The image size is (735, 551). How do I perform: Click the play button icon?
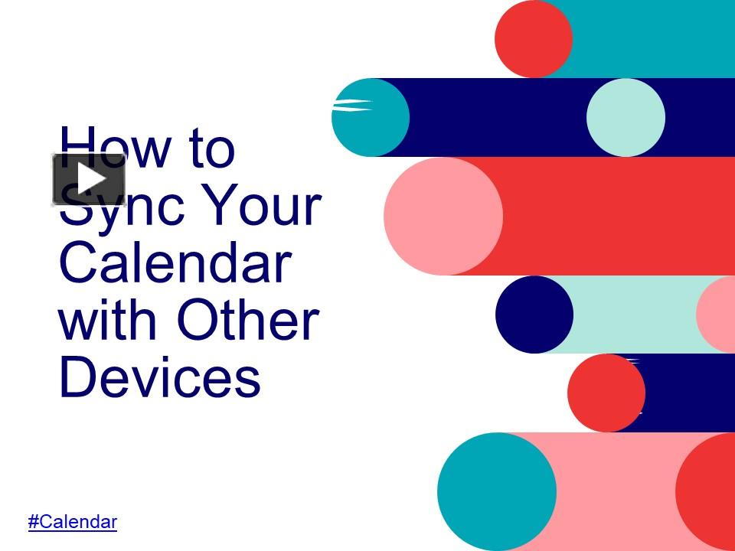point(89,179)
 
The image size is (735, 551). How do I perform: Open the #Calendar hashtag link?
point(73,521)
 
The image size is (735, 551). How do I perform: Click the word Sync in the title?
point(122,206)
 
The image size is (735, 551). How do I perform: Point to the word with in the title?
point(106,320)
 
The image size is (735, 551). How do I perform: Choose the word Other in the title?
point(249,320)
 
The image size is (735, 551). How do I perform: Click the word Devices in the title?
point(160,377)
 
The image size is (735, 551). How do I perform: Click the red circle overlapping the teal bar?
point(534,38)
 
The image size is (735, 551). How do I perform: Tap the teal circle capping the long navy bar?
point(371,117)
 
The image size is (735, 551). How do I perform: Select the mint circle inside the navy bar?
point(626,117)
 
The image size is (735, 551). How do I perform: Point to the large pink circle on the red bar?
point(443,216)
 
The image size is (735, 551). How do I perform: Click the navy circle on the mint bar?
point(534,315)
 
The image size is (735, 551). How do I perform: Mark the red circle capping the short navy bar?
point(606,393)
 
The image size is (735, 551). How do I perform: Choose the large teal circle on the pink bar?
point(497,491)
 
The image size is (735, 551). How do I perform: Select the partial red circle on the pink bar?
point(706,491)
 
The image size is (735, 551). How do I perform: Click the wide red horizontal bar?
point(609,216)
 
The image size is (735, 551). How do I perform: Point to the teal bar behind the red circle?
point(652,38)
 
